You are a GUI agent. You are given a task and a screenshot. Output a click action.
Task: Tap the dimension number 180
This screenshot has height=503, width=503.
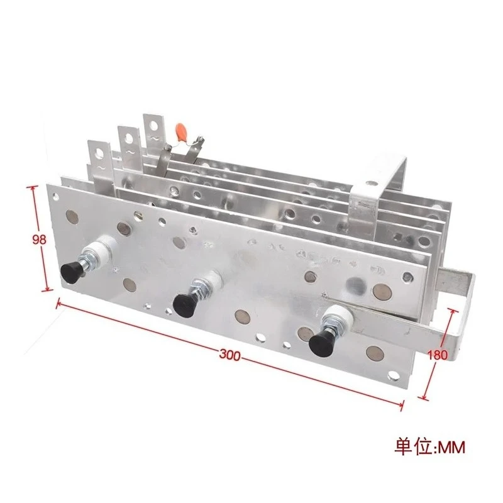point(438,354)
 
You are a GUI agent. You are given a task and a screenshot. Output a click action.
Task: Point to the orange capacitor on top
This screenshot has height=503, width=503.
point(182,130)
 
